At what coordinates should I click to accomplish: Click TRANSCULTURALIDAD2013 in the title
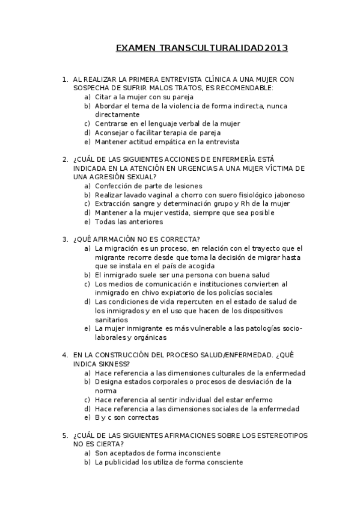224,48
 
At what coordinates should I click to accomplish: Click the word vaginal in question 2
159,195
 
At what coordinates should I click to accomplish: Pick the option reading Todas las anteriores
129,222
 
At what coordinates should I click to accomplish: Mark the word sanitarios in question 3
111,320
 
